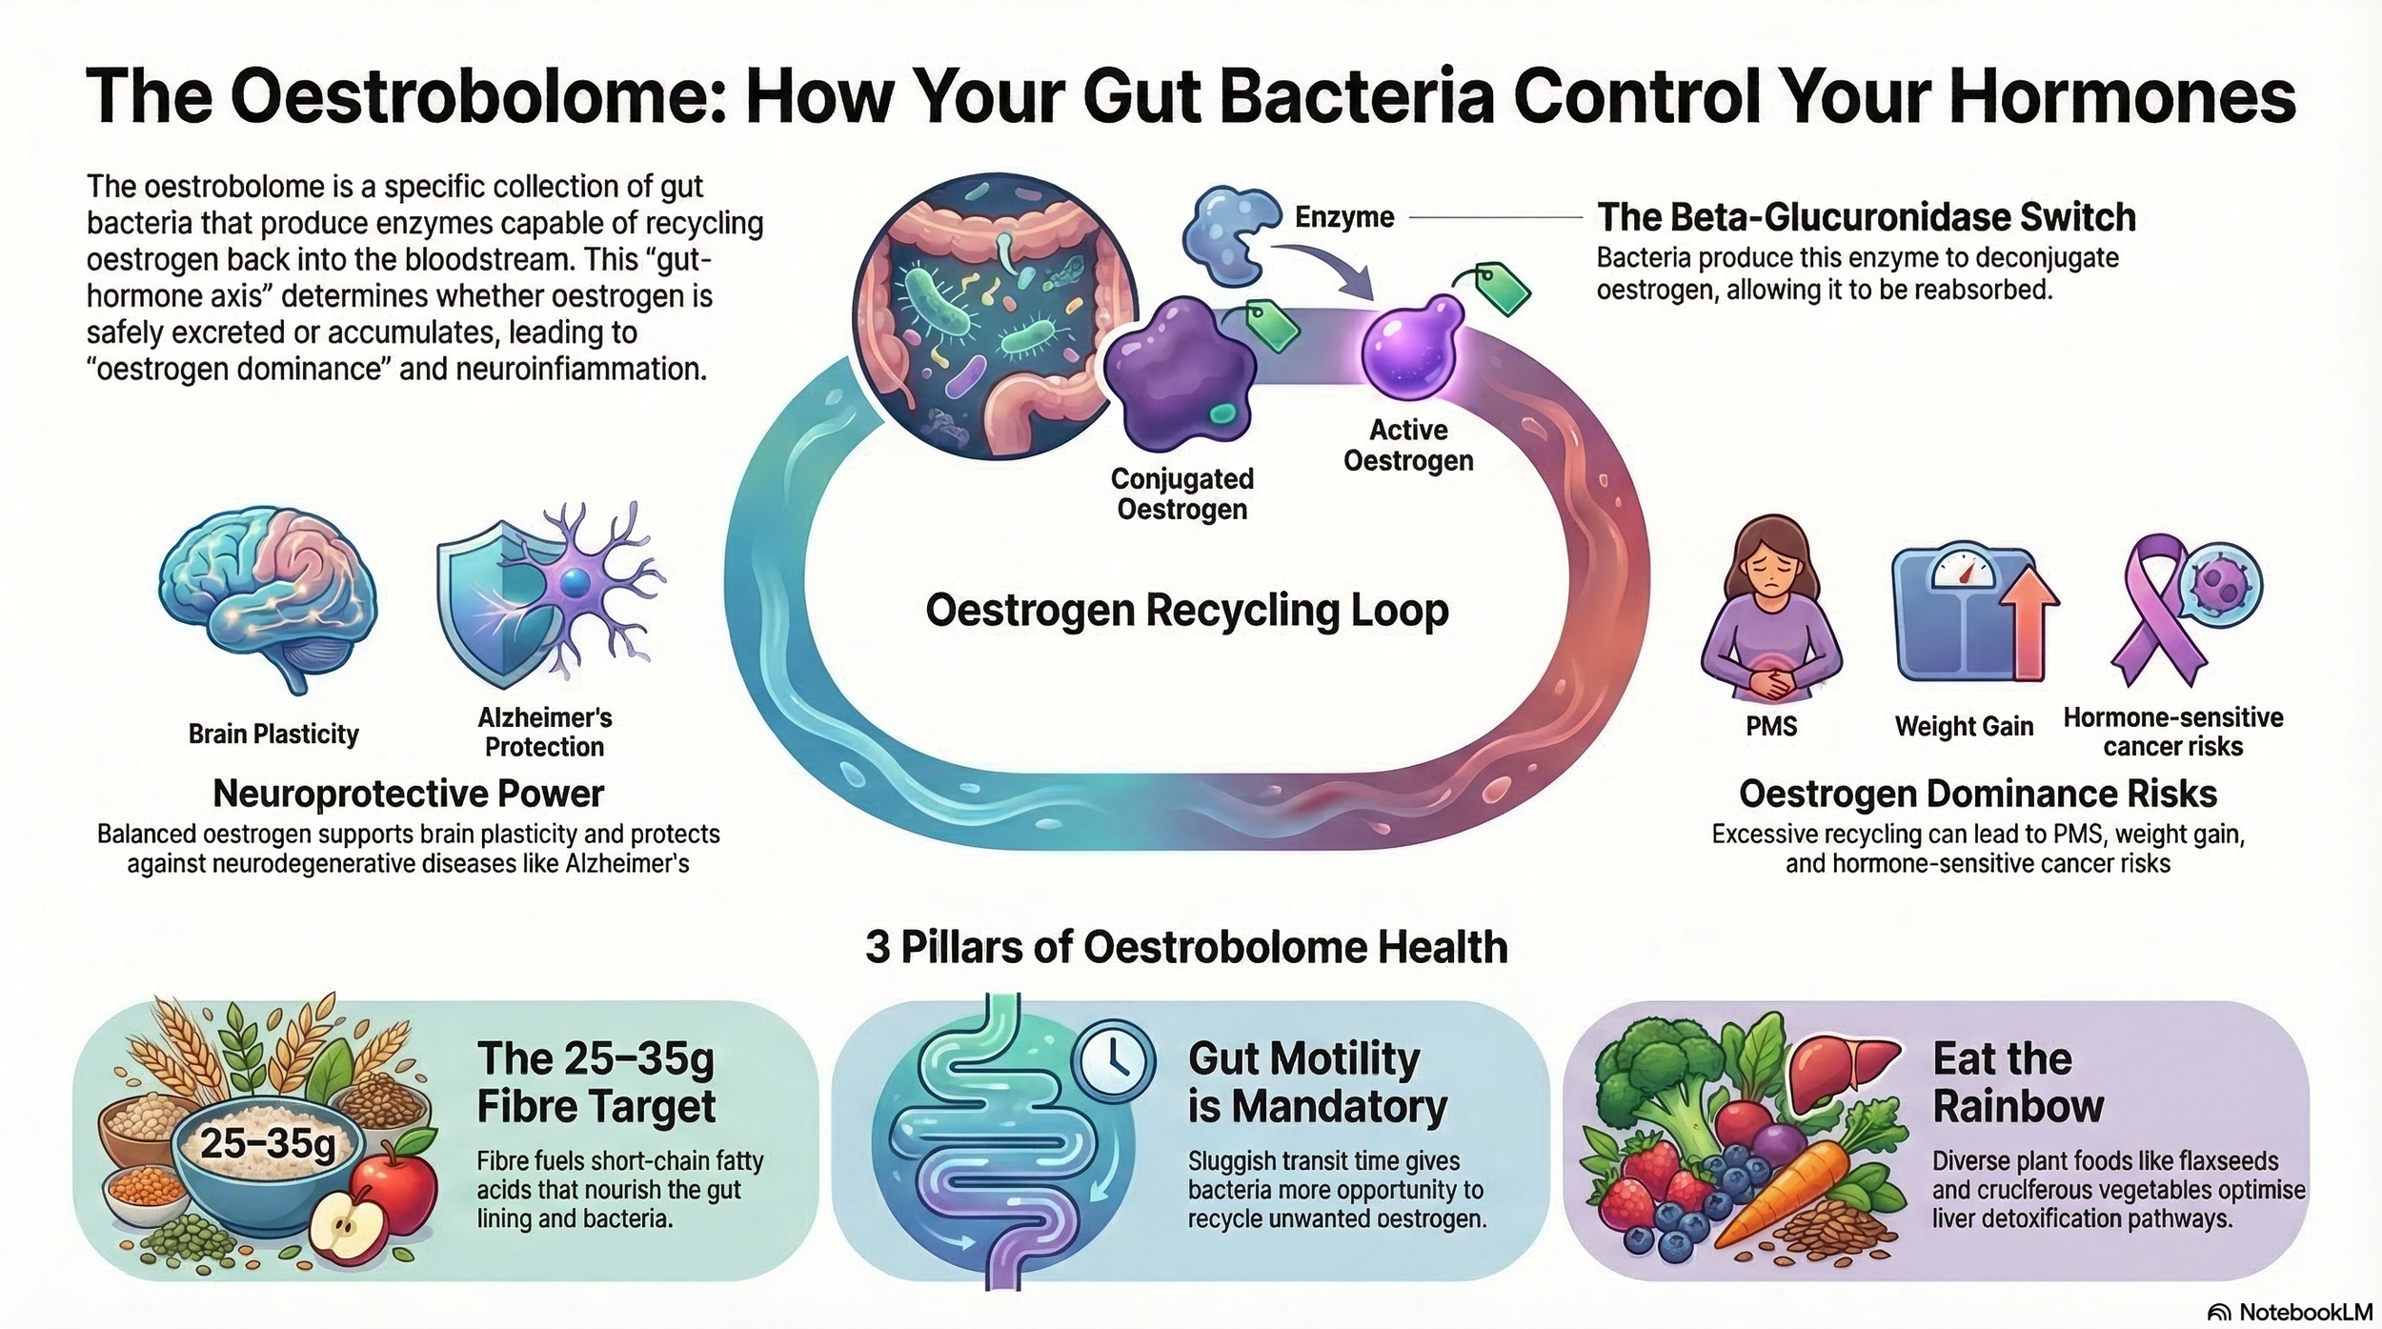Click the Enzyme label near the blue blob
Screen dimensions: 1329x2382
(1343, 218)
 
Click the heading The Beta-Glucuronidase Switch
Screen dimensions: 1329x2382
(1866, 218)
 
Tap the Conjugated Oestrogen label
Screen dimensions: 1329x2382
(1181, 493)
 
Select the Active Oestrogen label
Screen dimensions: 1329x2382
(1407, 445)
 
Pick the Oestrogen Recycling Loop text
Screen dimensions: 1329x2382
(1187, 611)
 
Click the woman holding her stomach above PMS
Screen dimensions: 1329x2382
(1771, 610)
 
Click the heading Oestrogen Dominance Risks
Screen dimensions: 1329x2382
(1978, 794)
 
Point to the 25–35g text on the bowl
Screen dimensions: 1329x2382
(268, 1142)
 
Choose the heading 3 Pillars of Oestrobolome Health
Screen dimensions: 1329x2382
(1186, 948)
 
